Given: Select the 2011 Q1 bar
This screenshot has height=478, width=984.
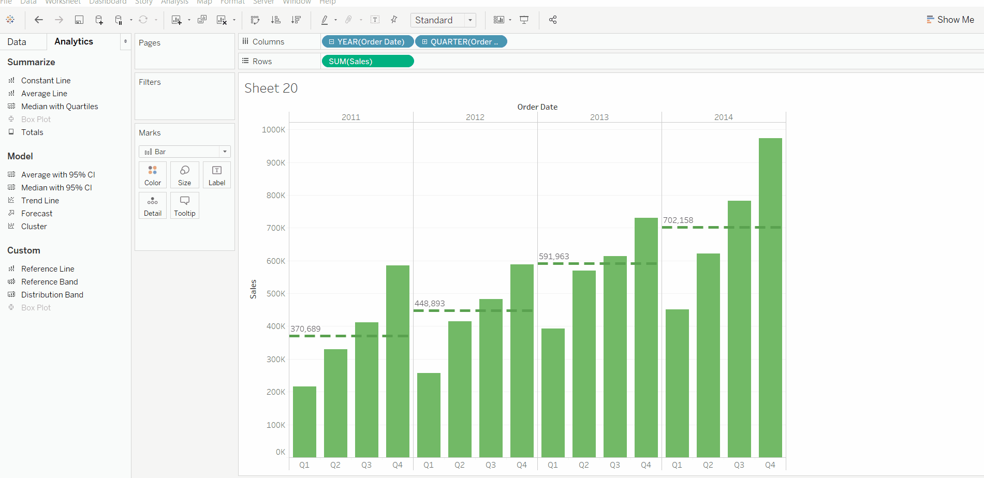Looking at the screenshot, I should pyautogui.click(x=304, y=422).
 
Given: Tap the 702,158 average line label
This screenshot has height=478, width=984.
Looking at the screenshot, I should pyautogui.click(x=678, y=220).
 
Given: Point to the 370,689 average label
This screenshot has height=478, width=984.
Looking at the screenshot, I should pyautogui.click(x=305, y=329).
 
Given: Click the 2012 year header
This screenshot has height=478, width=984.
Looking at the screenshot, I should pyautogui.click(x=475, y=117).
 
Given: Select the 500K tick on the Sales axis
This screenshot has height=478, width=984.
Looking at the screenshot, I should pyautogui.click(x=276, y=294).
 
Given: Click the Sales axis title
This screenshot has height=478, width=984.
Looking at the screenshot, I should pyautogui.click(x=253, y=289).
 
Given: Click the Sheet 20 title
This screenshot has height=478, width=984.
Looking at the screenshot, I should pyautogui.click(x=271, y=88).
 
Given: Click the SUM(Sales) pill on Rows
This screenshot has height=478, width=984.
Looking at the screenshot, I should pyautogui.click(x=368, y=62).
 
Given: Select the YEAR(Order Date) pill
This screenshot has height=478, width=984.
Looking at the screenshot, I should pyautogui.click(x=368, y=42).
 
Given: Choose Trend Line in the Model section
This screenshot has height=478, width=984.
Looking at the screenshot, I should pyautogui.click(x=40, y=201).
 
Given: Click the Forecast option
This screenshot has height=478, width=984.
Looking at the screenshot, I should pyautogui.click(x=37, y=214).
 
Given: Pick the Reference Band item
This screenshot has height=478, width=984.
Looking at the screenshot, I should pyautogui.click(x=49, y=282).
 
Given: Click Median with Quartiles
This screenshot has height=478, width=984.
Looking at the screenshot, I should pyautogui.click(x=60, y=107).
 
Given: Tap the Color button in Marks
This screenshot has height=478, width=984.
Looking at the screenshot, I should pyautogui.click(x=153, y=175).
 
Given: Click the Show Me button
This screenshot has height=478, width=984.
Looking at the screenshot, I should pyautogui.click(x=950, y=20).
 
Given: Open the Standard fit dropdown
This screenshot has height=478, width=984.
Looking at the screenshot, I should pyautogui.click(x=443, y=20).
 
